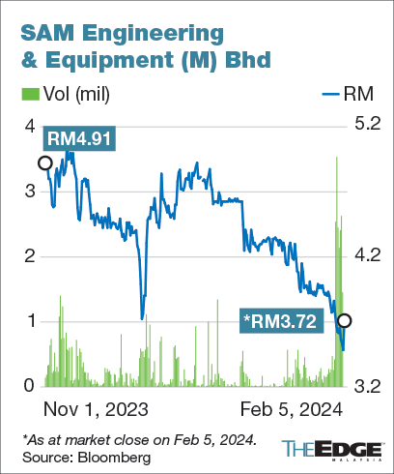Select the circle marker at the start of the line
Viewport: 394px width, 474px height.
point(44,163)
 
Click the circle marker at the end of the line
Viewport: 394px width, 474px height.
point(343,321)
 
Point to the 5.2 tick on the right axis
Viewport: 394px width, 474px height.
point(370,124)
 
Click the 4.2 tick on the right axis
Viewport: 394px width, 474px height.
point(370,255)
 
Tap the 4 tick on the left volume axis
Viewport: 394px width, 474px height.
point(29,126)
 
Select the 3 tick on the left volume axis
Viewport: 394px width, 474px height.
point(29,191)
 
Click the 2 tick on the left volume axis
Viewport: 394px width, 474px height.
point(29,255)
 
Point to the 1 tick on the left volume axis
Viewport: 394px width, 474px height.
point(29,320)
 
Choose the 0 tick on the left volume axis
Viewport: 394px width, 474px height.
point(29,386)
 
